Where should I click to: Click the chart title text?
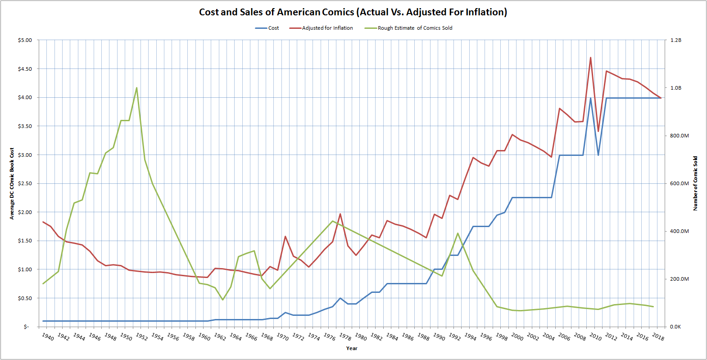click(353, 12)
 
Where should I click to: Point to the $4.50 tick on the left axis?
click(25, 69)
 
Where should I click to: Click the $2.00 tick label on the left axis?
click(25, 212)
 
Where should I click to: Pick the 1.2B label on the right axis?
click(675, 40)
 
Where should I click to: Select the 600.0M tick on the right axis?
click(679, 183)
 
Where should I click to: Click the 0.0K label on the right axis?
click(675, 327)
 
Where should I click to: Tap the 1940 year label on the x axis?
click(47, 337)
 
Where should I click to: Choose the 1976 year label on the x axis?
click(329, 337)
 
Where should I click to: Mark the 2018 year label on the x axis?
click(658, 337)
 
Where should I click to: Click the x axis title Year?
click(352, 348)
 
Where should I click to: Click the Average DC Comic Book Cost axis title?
click(12, 183)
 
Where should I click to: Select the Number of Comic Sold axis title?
click(695, 183)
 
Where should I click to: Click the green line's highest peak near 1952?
click(136, 88)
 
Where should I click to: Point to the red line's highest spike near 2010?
click(590, 58)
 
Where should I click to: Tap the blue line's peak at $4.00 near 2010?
click(590, 98)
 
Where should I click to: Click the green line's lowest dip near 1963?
click(222, 300)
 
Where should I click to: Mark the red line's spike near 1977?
click(340, 214)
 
